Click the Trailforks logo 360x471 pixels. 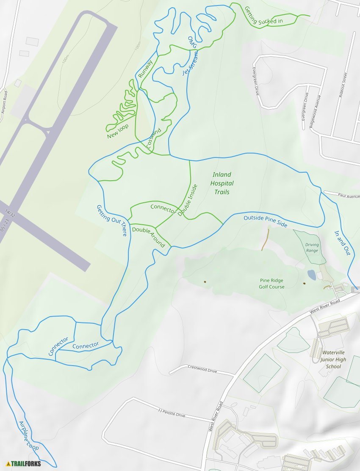[24, 463]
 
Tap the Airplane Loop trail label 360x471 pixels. [29, 435]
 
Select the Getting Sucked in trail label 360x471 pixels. [263, 15]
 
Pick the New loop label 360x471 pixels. [118, 131]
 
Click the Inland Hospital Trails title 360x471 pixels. [222, 183]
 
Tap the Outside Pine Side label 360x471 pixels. [265, 221]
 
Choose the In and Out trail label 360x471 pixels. [342, 242]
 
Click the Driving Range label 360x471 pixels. [312, 248]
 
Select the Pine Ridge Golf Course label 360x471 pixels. [271, 284]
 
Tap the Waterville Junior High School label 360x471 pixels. [333, 359]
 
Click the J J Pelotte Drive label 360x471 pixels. [171, 413]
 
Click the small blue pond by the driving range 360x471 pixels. [311, 275]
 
